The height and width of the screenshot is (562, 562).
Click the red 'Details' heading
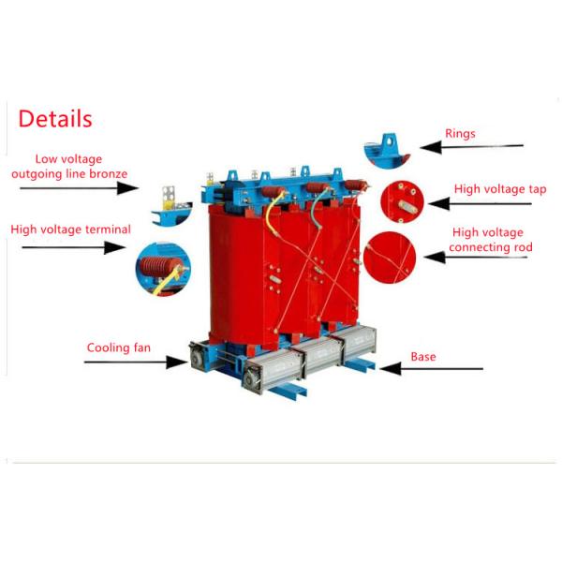[55, 119]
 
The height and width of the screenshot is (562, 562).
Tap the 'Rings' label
[460, 134]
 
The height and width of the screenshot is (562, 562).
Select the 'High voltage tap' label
[500, 189]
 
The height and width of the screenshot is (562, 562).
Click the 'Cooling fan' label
[119, 348]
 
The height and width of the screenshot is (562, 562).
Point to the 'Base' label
[423, 357]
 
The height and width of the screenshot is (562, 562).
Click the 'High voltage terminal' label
[70, 229]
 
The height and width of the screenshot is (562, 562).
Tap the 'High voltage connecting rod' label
[489, 240]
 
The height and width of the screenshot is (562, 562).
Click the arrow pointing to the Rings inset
[471, 146]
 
